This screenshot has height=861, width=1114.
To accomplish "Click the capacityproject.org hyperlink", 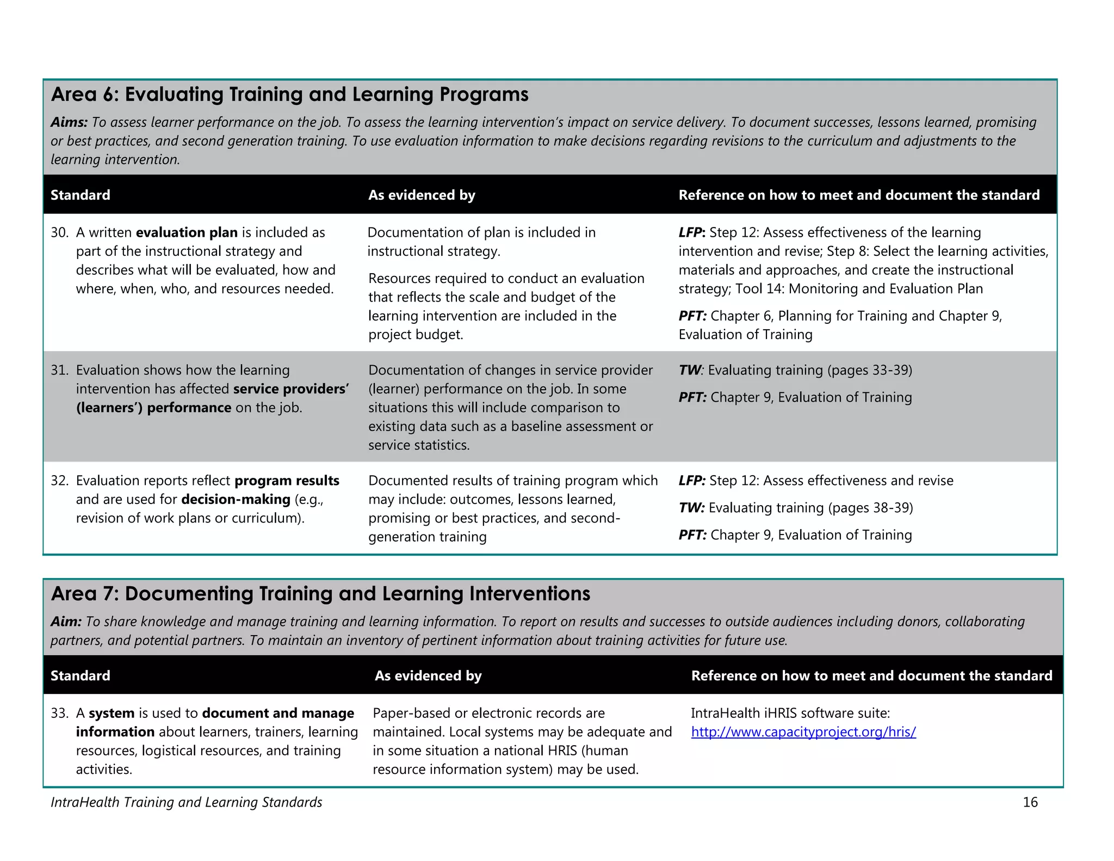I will tap(803, 732).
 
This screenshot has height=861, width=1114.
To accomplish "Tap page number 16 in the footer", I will tap(1030, 802).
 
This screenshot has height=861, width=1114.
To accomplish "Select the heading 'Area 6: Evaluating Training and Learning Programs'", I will tap(289, 95).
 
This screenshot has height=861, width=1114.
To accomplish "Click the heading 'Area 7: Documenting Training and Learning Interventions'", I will tap(320, 594).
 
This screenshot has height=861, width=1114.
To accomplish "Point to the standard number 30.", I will tap(59, 233).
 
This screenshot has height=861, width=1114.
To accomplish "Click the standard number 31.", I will tap(59, 371).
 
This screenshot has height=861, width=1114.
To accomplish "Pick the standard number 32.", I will tap(59, 481).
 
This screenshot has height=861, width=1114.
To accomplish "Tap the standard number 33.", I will tap(59, 714).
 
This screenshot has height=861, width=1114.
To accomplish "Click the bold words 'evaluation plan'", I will tap(187, 233).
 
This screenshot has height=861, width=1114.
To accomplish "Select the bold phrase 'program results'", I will tap(287, 481).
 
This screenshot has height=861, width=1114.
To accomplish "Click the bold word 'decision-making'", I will tap(236, 500).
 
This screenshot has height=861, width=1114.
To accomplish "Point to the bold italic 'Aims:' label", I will tap(69, 122).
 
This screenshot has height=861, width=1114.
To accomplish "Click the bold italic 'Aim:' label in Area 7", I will tap(66, 622).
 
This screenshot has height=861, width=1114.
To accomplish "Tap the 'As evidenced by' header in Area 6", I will tap(422, 195).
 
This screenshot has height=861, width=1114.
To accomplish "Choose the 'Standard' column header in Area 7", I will tap(81, 676).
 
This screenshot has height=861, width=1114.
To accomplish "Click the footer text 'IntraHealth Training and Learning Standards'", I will tap(186, 802).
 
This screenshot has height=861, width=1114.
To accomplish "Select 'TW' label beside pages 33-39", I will tap(690, 371).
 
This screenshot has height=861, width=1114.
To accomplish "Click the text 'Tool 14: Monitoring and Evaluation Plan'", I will tap(859, 289).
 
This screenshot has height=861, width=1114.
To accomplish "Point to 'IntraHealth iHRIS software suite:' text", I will tap(790, 714).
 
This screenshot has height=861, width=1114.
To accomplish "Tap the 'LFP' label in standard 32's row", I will tap(692, 481).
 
